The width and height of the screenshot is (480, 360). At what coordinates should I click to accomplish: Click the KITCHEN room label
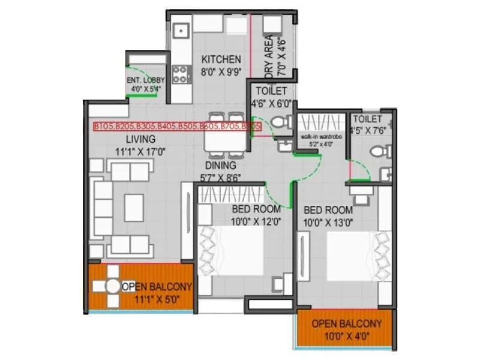(221, 59)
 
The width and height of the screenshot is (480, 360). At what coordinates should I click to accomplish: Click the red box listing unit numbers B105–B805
(177, 127)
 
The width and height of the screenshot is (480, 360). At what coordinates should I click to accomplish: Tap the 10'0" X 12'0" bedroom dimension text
(256, 221)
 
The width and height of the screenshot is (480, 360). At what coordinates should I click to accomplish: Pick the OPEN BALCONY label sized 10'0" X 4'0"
(346, 323)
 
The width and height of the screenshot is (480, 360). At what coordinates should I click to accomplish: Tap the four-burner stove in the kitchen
(181, 74)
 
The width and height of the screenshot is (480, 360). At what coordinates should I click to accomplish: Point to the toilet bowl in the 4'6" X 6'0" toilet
(278, 123)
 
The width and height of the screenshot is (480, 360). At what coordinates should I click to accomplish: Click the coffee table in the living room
(133, 207)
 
